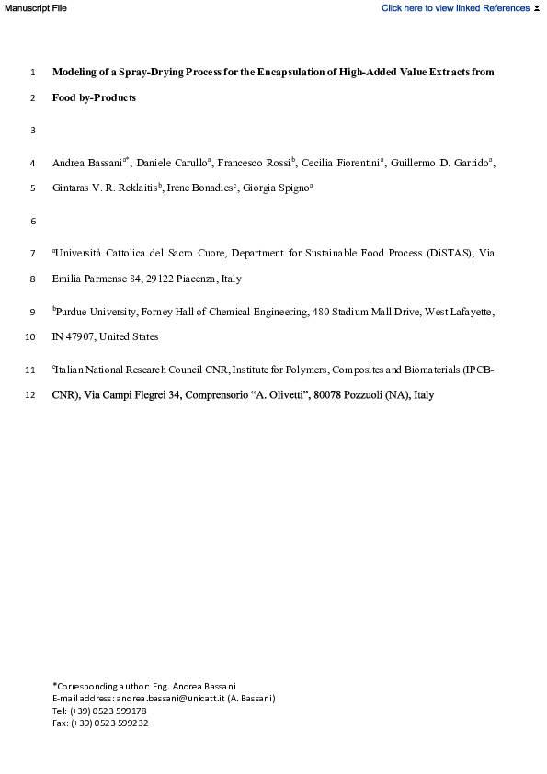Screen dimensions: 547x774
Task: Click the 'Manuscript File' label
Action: (x=35, y=8)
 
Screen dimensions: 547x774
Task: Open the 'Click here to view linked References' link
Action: (x=454, y=8)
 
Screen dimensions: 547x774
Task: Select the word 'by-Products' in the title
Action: (x=108, y=97)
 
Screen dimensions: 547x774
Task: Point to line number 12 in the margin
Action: (x=30, y=395)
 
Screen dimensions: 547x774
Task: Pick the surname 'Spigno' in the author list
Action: (x=291, y=189)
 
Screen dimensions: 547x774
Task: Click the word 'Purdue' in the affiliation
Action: (x=74, y=313)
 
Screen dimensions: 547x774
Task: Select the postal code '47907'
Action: (x=82, y=337)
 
